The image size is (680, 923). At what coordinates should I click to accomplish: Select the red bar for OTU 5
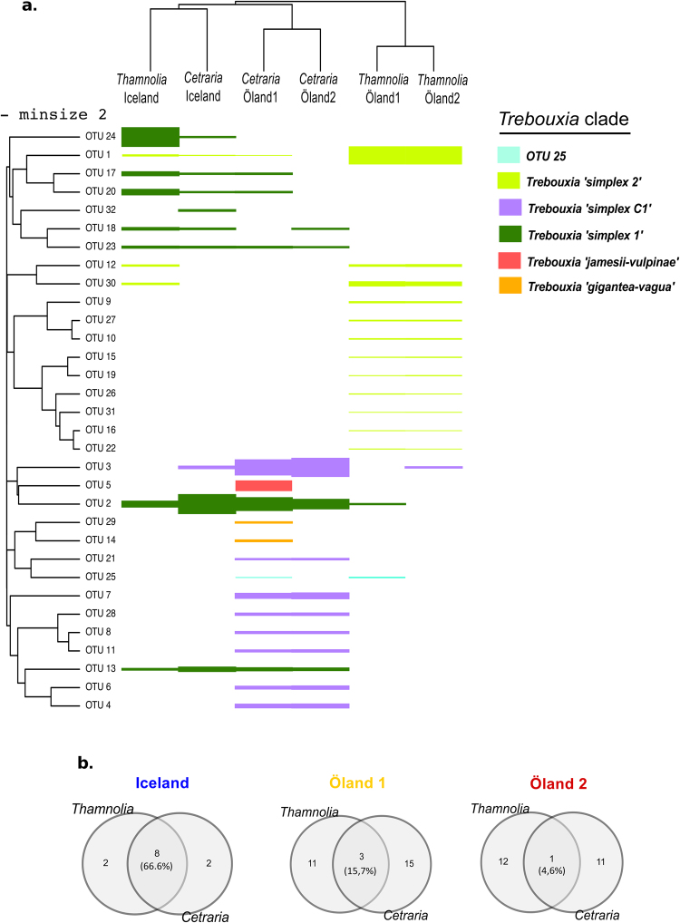coord(263,485)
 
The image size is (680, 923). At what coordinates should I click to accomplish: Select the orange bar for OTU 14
coord(263,540)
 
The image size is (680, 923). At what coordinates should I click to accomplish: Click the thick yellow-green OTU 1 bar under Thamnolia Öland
coord(405,155)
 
